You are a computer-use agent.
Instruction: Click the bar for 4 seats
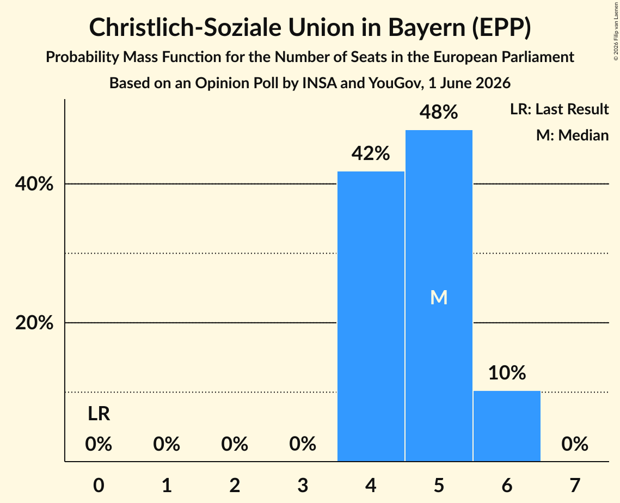[x=371, y=316]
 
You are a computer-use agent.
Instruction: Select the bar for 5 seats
[x=439, y=296]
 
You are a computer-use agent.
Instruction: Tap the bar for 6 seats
[x=507, y=426]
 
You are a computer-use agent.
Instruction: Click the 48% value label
[x=439, y=112]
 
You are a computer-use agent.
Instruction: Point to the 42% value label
[x=371, y=154]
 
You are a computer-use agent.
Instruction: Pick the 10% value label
[x=507, y=373]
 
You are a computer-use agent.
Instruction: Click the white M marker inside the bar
[x=439, y=297]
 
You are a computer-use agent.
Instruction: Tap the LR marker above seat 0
[x=99, y=414]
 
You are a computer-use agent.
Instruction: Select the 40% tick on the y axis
[x=34, y=184]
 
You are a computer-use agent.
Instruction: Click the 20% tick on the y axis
[x=34, y=323]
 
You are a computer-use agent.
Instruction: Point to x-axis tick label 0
[x=99, y=485]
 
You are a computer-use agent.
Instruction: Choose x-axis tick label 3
[x=303, y=485]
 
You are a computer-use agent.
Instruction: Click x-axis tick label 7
[x=575, y=485]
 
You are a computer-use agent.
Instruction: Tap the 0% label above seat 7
[x=575, y=444]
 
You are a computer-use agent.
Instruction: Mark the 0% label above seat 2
[x=235, y=444]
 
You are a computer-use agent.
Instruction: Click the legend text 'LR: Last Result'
[x=559, y=109]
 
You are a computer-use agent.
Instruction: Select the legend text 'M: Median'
[x=573, y=135]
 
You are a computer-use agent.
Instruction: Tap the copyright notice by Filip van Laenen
[x=616, y=31]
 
